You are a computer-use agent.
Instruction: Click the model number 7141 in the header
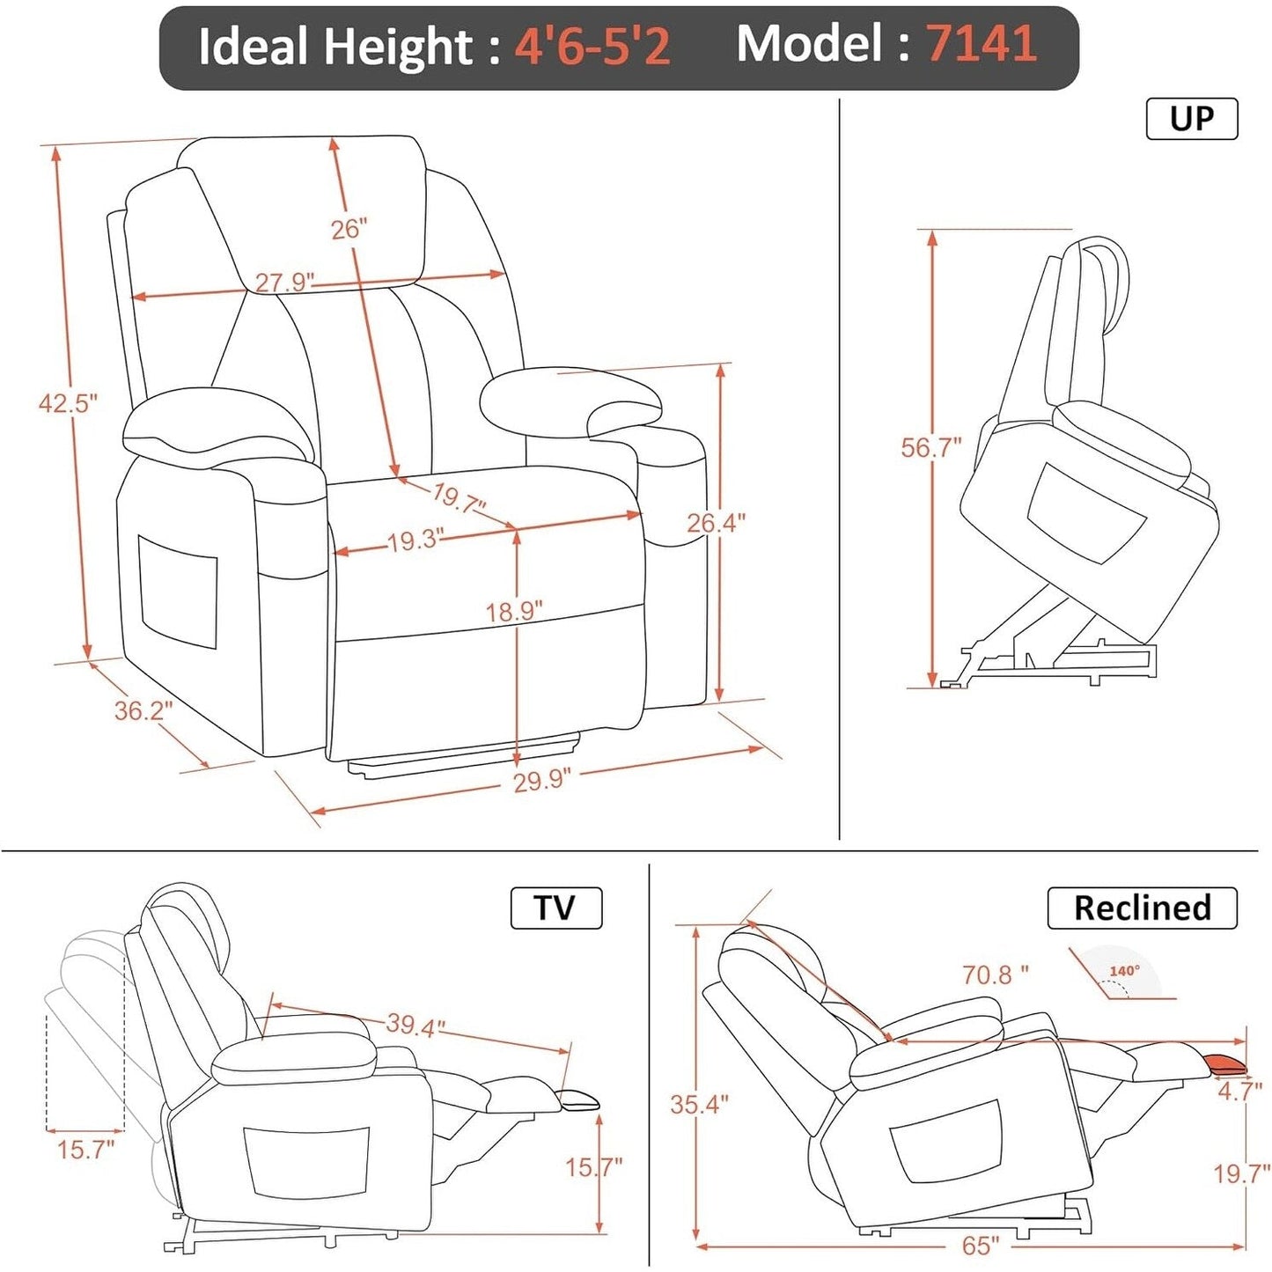click(x=981, y=44)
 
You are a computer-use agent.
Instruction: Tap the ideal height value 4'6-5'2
click(x=592, y=46)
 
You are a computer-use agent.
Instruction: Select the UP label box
click(x=1191, y=119)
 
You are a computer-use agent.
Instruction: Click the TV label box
click(x=555, y=908)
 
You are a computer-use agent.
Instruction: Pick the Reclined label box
click(x=1142, y=908)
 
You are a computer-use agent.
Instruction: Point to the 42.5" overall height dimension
click(x=67, y=403)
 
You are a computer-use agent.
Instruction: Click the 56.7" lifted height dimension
click(x=930, y=447)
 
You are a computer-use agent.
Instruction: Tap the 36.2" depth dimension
click(x=143, y=710)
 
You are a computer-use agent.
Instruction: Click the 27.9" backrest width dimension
click(x=283, y=282)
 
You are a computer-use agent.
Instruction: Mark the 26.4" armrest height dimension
click(x=716, y=523)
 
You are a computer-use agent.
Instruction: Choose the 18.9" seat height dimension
click(x=514, y=610)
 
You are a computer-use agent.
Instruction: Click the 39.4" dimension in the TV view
click(x=415, y=1024)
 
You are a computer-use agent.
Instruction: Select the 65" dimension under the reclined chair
click(x=980, y=1246)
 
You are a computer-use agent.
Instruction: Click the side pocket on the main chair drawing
click(x=177, y=591)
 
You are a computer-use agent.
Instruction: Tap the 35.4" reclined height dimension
click(x=699, y=1104)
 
